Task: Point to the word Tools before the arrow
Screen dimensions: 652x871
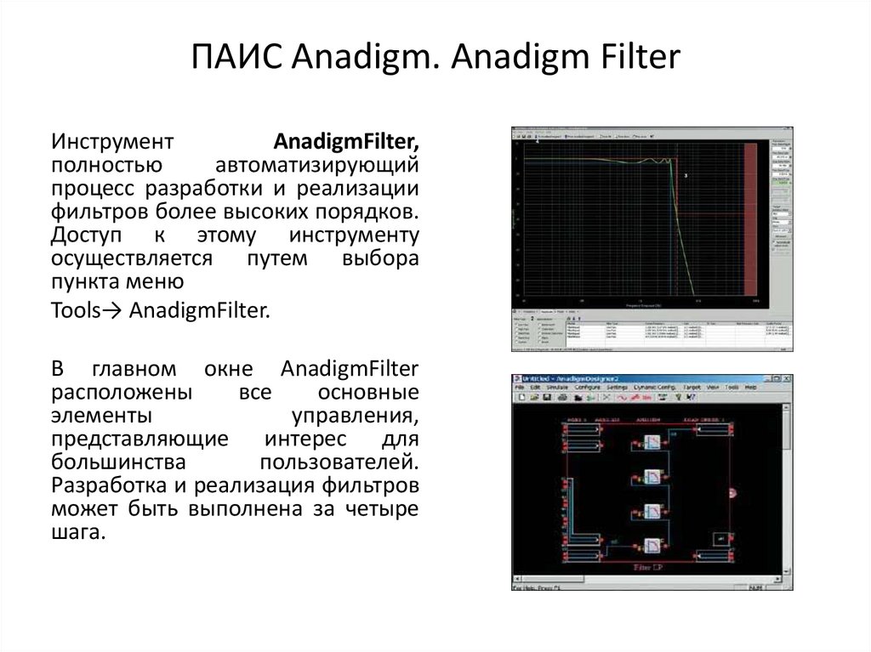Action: point(74,311)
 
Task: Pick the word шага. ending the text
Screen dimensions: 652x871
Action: point(77,533)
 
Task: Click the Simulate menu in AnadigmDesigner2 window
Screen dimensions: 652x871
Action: point(557,387)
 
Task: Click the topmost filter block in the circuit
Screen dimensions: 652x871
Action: point(652,441)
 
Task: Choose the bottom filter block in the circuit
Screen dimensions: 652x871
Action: point(652,546)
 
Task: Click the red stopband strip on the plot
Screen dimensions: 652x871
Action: point(749,221)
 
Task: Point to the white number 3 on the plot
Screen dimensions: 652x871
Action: point(686,175)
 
